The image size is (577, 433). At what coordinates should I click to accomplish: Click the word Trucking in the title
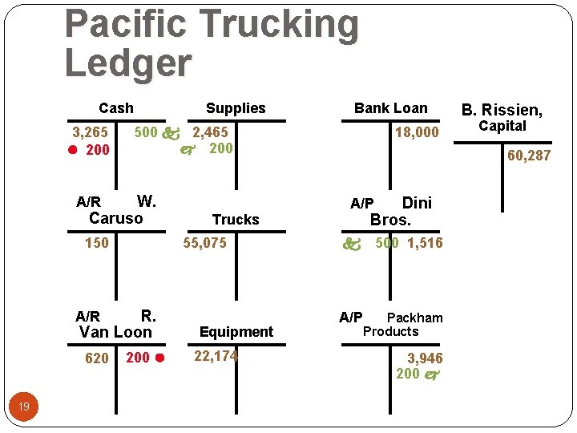click(x=278, y=24)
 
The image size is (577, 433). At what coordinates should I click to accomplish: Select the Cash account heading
click(x=116, y=108)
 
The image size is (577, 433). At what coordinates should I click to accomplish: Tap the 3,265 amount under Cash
click(x=90, y=132)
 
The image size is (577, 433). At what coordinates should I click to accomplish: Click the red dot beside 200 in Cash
click(x=71, y=150)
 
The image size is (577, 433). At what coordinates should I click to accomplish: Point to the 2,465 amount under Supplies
click(x=209, y=132)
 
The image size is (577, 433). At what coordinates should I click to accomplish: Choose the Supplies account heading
click(x=236, y=108)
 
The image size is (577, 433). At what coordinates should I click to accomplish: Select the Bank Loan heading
click(x=391, y=108)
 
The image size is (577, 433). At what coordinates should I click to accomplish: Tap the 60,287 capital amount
click(x=529, y=156)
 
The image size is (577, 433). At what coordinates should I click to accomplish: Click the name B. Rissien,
click(x=502, y=110)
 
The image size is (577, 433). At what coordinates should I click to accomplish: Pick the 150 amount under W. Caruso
click(x=97, y=243)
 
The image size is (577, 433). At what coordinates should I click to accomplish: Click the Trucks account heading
click(x=236, y=220)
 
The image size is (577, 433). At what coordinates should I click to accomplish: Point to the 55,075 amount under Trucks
click(x=204, y=243)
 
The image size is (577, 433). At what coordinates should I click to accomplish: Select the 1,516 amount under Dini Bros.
click(x=425, y=243)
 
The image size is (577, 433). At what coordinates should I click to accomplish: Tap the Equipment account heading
click(x=236, y=332)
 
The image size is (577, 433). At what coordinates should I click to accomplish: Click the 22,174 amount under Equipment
click(x=216, y=356)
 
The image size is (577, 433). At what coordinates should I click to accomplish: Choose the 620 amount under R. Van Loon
click(x=97, y=358)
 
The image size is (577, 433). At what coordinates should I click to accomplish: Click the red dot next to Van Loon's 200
click(x=159, y=358)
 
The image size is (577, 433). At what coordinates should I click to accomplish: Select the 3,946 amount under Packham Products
click(x=424, y=358)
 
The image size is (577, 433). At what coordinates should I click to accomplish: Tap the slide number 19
click(x=24, y=407)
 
